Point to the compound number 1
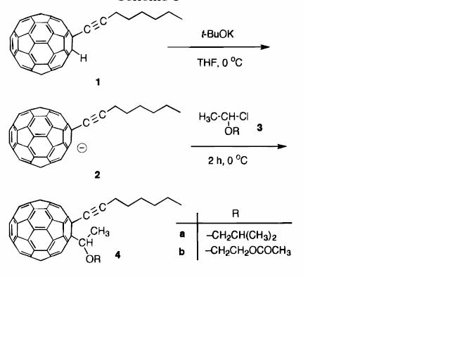(x=98, y=82)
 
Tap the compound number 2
(x=98, y=175)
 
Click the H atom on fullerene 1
(x=84, y=59)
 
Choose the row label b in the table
(x=181, y=250)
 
